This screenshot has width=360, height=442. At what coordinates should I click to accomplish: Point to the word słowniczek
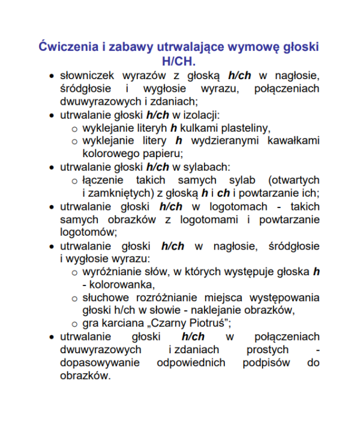point(88,76)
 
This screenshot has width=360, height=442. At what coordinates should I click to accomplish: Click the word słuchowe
point(104,297)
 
